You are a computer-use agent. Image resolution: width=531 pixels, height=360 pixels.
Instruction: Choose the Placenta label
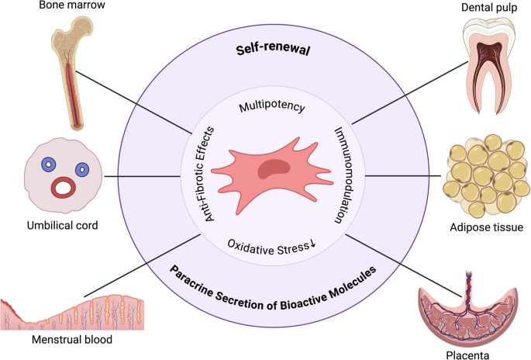point(467,354)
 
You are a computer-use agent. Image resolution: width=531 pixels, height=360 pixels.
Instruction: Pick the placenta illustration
point(468,310)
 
